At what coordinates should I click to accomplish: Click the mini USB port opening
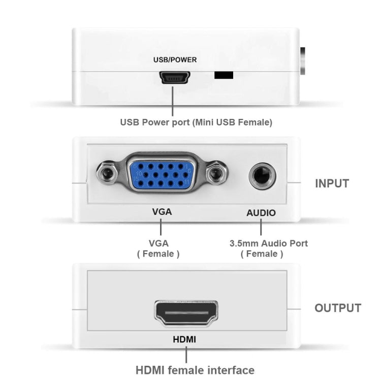click(x=175, y=78)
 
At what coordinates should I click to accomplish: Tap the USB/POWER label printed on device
click(x=175, y=59)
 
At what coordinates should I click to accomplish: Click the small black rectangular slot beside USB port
click(x=224, y=75)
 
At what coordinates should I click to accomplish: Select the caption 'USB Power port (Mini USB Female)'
click(x=196, y=122)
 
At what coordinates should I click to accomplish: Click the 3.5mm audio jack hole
click(x=262, y=176)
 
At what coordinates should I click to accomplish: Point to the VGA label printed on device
click(x=162, y=212)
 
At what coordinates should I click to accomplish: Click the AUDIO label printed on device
click(x=261, y=213)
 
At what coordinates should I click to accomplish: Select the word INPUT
click(x=332, y=184)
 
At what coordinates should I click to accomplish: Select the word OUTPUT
click(x=338, y=308)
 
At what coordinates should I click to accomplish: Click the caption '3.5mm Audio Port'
click(x=269, y=243)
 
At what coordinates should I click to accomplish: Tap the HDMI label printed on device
click(x=185, y=338)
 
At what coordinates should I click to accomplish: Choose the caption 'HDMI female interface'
click(x=195, y=370)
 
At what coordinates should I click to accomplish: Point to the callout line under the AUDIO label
click(x=261, y=227)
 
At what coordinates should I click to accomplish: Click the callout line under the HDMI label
click(x=186, y=354)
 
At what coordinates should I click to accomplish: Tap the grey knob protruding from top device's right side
click(x=303, y=61)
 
